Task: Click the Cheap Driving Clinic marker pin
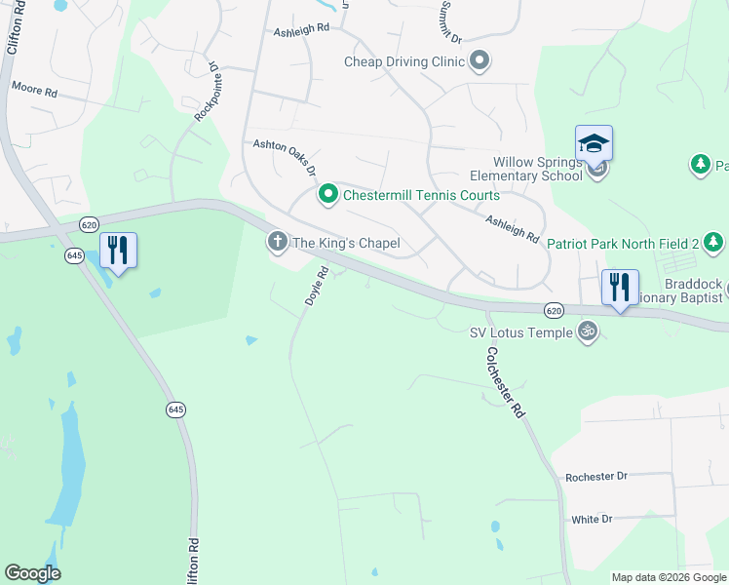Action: point(479,62)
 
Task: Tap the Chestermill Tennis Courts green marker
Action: point(328,196)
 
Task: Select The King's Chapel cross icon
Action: point(278,242)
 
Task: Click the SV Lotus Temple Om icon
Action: point(587,332)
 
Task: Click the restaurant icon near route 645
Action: point(117,251)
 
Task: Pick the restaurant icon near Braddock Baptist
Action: point(620,288)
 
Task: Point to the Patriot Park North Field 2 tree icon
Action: point(714,242)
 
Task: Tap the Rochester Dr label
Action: point(596,477)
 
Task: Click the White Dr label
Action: point(591,520)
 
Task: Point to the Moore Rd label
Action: point(35,89)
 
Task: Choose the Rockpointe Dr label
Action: point(206,93)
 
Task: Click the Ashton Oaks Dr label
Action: point(285,155)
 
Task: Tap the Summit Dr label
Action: point(449,21)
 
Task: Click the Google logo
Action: point(32,573)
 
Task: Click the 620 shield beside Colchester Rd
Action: point(554,310)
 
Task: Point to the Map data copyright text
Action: point(669,577)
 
